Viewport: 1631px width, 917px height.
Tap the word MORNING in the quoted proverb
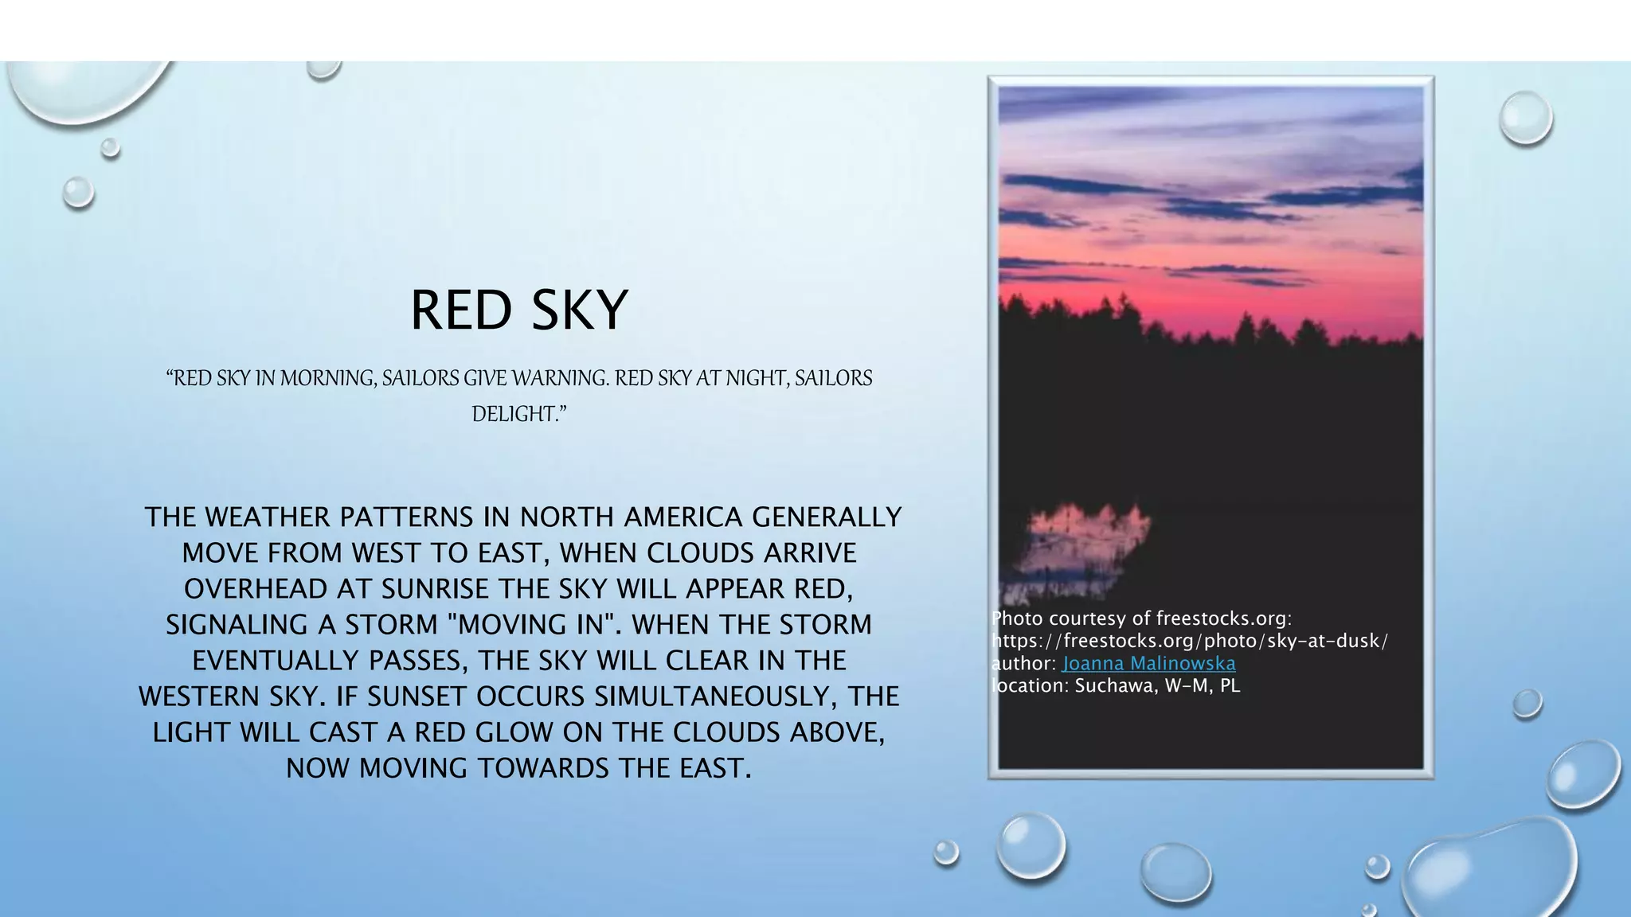326,378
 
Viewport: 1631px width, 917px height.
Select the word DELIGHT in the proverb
516,415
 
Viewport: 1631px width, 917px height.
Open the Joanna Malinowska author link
1148,664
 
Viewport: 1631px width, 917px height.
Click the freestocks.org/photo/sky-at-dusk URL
1190,642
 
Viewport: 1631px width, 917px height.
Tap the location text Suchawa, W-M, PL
1157,686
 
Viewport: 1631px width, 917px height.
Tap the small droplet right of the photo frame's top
1525,118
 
